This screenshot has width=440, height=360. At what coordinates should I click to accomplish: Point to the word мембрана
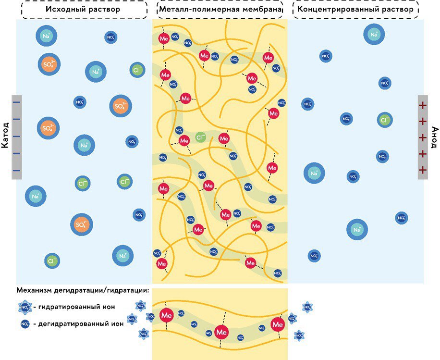260,9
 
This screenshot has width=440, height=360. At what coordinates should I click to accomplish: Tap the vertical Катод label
5,137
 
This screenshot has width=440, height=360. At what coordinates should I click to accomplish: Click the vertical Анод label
434,137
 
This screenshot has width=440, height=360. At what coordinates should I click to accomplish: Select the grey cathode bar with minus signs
17,137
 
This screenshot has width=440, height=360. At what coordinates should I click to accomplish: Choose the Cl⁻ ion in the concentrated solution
385,120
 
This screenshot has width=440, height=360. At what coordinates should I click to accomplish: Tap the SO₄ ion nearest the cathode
48,128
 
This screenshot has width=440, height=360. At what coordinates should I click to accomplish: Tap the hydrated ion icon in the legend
25,307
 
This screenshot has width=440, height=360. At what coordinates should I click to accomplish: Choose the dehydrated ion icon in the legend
25,324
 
